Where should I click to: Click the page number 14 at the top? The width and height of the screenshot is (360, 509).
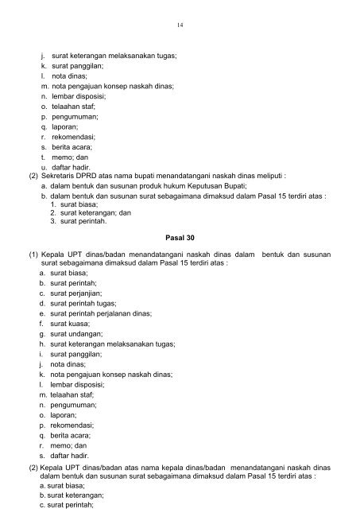[x=180, y=25]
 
